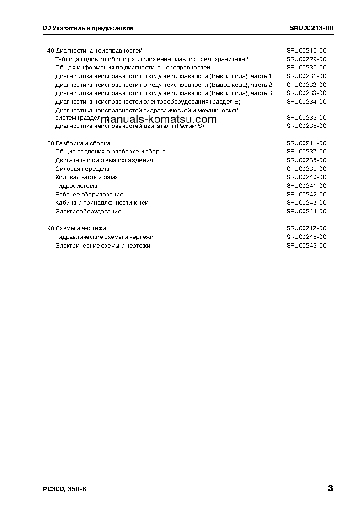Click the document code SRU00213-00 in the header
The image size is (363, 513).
coord(311,28)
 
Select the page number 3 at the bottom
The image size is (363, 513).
coord(330,488)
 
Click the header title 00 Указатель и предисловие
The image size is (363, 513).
coord(88,28)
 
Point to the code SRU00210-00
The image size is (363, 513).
coord(306,51)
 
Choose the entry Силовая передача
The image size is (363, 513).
coord(82,169)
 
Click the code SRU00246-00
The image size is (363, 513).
coord(306,246)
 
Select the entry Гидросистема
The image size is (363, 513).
coord(76,186)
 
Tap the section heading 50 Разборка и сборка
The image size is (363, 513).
coord(79,143)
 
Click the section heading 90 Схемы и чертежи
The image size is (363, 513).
coord(77,228)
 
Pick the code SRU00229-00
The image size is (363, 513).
coord(306,59)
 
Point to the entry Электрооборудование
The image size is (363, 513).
coord(88,212)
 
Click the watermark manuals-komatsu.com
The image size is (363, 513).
coord(158,119)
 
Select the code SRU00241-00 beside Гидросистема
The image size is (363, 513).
coord(306,186)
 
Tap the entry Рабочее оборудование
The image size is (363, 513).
coord(89,195)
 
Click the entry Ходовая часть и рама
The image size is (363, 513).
coord(87,177)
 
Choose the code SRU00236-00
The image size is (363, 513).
coord(306,126)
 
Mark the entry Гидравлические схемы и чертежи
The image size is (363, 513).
coord(104,237)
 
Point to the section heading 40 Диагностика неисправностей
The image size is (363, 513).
coord(95,51)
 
